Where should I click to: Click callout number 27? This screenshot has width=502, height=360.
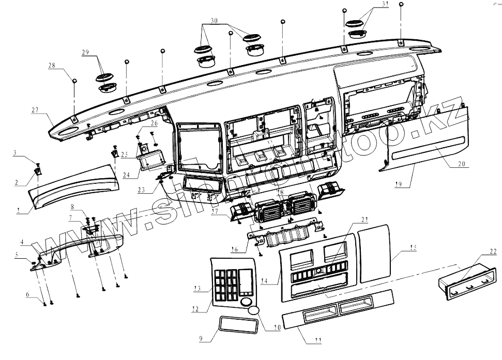pyautogui.click(x=35, y=109)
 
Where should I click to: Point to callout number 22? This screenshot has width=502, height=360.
pyautogui.click(x=493, y=251)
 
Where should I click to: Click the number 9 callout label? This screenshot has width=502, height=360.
pyautogui.click(x=202, y=339)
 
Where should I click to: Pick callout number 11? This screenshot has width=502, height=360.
pyautogui.click(x=318, y=340)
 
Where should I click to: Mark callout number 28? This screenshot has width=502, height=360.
pyautogui.click(x=52, y=66)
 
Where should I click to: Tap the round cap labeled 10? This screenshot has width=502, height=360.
pyautogui.click(x=254, y=311)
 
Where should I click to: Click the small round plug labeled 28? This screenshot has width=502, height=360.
pyautogui.click(x=75, y=81)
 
